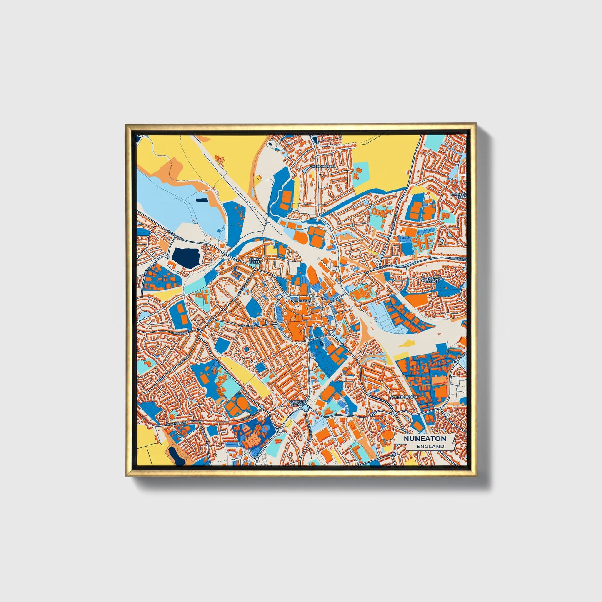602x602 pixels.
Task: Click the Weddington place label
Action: point(322,166)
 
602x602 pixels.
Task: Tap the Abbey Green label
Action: point(254,260)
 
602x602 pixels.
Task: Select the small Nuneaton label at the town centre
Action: point(301,300)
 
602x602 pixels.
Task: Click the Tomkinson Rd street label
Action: point(182,334)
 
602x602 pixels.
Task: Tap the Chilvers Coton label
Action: point(297,403)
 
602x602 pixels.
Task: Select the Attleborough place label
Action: point(404,397)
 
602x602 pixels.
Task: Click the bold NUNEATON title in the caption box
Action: point(425,438)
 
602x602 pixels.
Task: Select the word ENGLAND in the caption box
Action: point(430,446)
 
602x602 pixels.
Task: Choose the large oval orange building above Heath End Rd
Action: point(240,404)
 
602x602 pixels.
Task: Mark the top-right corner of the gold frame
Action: point(475,124)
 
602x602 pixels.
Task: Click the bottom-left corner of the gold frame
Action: point(126,475)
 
